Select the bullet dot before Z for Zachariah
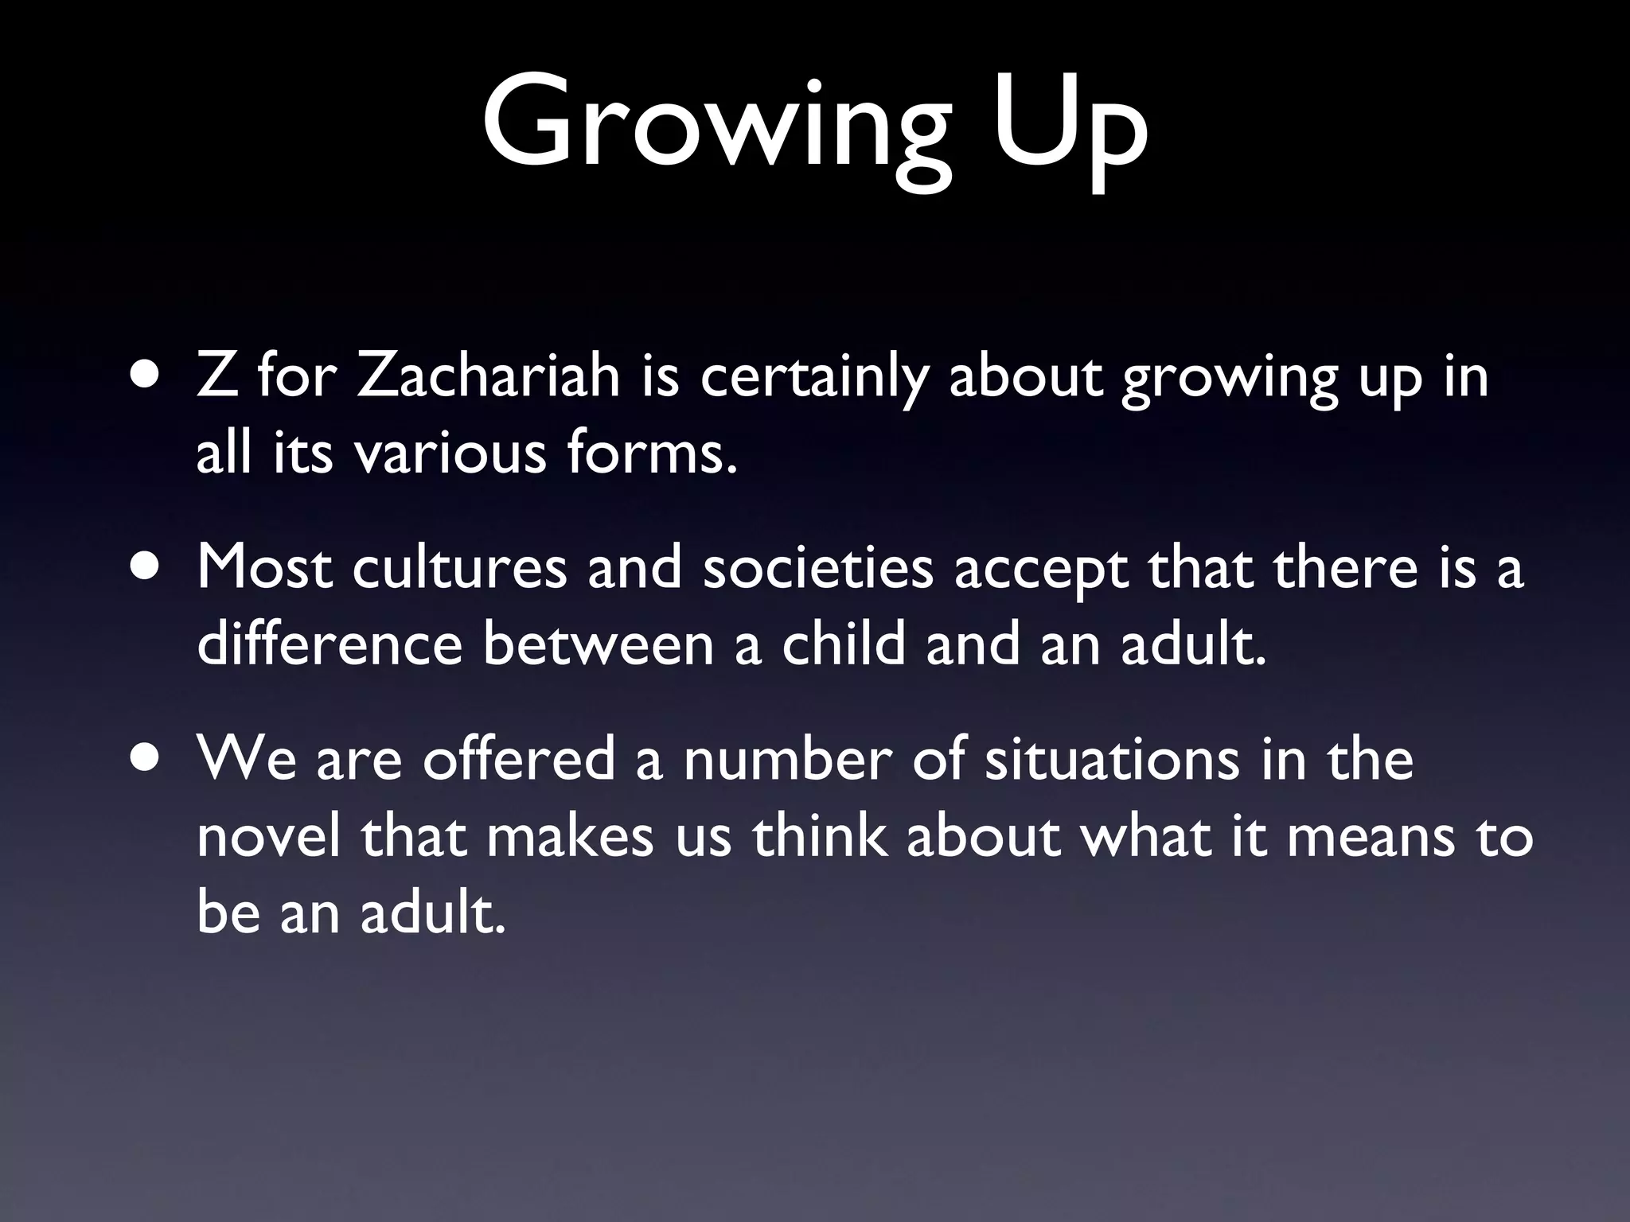tap(145, 376)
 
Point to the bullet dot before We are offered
tap(145, 759)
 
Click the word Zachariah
tap(487, 376)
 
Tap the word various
tap(450, 453)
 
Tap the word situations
tap(1112, 759)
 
